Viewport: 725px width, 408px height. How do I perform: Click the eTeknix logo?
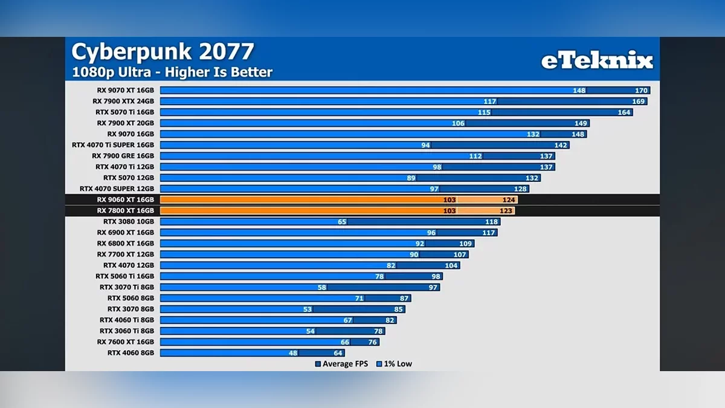click(596, 60)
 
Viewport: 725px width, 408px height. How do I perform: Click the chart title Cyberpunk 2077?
click(163, 52)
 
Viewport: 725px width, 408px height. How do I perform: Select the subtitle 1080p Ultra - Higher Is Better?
click(172, 73)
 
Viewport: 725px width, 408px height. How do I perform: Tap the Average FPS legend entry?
click(341, 364)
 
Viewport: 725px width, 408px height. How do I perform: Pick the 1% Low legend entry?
click(394, 364)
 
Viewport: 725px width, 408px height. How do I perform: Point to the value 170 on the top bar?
click(641, 91)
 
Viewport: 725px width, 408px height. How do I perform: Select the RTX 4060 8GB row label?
click(130, 352)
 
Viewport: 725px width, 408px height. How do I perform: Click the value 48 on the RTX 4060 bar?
click(294, 353)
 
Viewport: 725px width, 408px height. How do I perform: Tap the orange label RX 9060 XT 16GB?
click(125, 199)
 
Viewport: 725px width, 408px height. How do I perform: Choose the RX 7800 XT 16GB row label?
click(125, 211)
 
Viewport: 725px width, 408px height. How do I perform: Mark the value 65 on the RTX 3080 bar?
click(342, 222)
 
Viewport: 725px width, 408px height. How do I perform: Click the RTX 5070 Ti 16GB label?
click(124, 112)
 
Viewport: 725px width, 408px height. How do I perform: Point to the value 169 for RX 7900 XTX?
click(639, 102)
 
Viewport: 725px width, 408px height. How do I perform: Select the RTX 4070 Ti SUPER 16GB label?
click(113, 145)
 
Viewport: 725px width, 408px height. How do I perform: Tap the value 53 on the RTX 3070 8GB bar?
click(308, 309)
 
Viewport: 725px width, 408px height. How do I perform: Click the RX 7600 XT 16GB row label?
click(125, 342)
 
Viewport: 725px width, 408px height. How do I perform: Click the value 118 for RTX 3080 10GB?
click(491, 222)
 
